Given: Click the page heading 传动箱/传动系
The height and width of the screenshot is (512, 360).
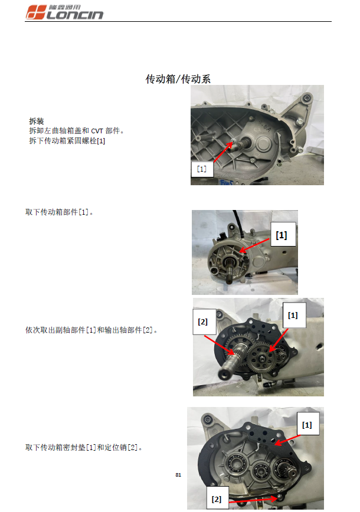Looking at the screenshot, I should (178, 78).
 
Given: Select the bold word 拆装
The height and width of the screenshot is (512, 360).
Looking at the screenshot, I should (36, 120).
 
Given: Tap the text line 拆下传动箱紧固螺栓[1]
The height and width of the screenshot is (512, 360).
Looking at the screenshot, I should (67, 140).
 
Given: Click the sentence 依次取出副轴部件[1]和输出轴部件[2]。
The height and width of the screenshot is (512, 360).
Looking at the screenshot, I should (91, 330).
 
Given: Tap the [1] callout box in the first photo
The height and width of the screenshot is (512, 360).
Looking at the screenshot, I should (201, 169).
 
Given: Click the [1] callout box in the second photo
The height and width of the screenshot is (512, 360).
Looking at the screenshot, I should (282, 235).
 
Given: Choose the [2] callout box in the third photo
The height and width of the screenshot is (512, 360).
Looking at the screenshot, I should (203, 322).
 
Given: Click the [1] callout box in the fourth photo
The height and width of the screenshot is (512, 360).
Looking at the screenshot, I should (307, 425).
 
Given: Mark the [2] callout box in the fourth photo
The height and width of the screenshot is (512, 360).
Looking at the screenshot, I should (217, 499).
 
